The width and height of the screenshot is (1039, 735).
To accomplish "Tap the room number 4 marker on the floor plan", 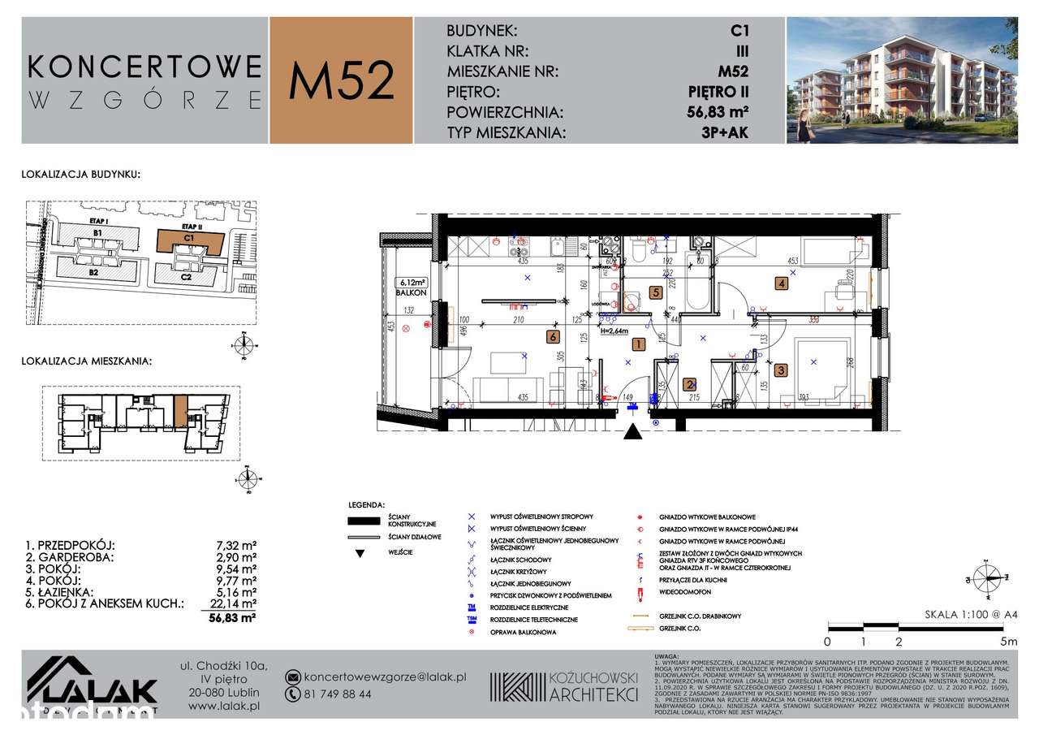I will point(781,283).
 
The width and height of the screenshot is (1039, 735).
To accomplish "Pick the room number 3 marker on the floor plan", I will point(781,370).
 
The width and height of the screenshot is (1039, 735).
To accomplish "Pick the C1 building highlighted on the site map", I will point(189,241).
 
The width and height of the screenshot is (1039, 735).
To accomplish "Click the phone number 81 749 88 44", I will point(338,694).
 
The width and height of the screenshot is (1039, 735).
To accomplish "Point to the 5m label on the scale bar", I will point(1007,641).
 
